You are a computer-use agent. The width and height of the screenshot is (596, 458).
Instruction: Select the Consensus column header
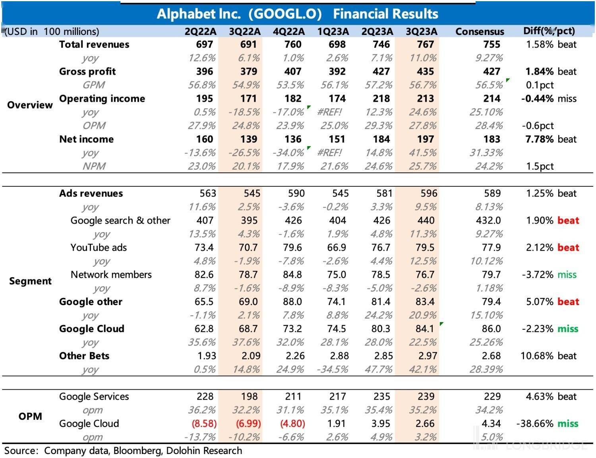pos(480,31)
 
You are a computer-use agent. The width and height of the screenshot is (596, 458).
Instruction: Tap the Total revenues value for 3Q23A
pos(425,44)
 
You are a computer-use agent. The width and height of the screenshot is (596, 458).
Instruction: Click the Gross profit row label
pos(87,72)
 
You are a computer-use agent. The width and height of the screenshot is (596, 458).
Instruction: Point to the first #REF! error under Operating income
pos(329,112)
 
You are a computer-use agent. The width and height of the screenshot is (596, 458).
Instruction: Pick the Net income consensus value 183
pos(492,139)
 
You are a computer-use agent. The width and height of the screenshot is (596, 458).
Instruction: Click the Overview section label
pos(30,105)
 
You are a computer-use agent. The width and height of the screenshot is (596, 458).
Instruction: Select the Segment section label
pos(30,281)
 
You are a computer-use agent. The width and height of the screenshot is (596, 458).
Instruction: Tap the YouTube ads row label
pos(99,247)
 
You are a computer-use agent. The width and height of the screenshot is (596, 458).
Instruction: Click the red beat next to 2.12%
pos(568,247)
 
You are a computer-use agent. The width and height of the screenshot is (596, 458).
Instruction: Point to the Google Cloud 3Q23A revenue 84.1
pos(425,329)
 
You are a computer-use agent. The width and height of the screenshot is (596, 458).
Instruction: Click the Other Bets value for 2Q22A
pos(207,356)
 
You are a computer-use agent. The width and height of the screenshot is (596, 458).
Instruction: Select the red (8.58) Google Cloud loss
pos(204,423)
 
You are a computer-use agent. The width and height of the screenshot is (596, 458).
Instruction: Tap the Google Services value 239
pos(426,396)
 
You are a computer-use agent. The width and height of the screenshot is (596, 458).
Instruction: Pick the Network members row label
pos(111,274)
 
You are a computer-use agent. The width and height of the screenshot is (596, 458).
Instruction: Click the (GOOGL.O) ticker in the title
pos(285,14)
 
